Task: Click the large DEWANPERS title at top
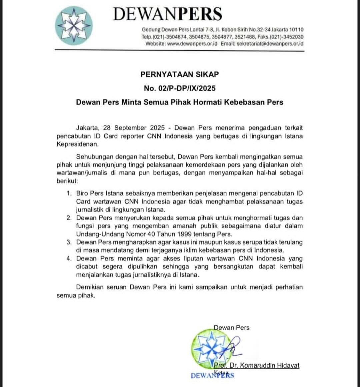[167, 14]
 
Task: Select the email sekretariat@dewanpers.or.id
[270, 44]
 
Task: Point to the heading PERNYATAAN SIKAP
[180, 74]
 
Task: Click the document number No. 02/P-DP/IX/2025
[180, 88]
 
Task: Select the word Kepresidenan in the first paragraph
[78, 144]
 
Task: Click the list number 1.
[69, 193]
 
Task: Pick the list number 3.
[69, 242]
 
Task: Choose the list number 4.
[69, 258]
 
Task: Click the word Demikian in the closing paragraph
[91, 287]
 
